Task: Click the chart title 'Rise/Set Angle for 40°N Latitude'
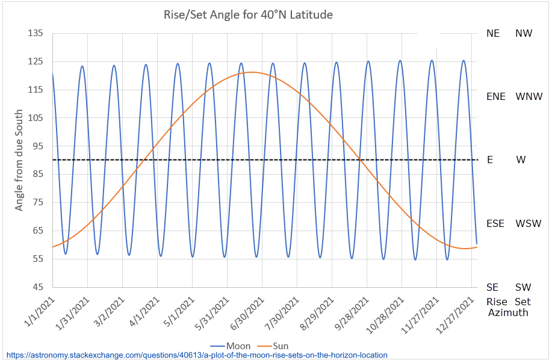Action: pyautogui.click(x=248, y=14)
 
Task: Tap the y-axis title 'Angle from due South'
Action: pyautogui.click(x=19, y=160)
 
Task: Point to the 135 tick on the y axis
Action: pyautogui.click(x=36, y=34)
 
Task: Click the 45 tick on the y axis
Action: pyautogui.click(x=36, y=287)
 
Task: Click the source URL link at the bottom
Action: pyautogui.click(x=196, y=356)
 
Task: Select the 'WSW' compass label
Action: pyautogui.click(x=529, y=223)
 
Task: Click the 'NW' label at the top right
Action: pyautogui.click(x=524, y=34)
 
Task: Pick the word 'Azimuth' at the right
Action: pyautogui.click(x=508, y=312)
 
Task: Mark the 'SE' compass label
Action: pyautogui.click(x=493, y=288)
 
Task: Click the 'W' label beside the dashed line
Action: pyautogui.click(x=520, y=160)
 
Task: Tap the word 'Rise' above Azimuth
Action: pyautogui.click(x=497, y=302)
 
